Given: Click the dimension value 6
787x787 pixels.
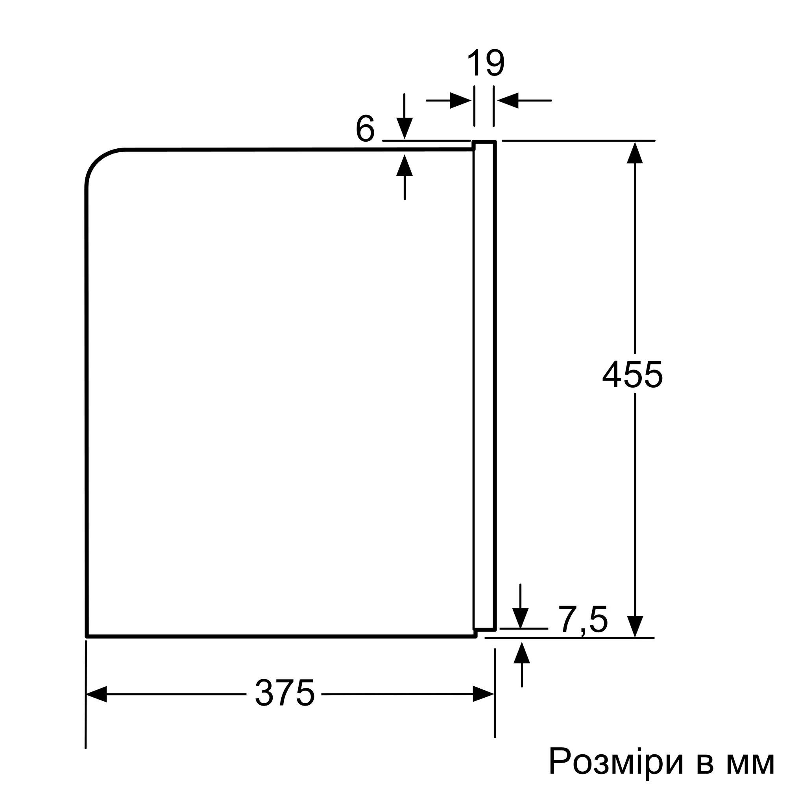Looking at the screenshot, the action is (x=365, y=128).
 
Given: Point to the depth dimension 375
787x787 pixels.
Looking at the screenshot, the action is (x=285, y=693).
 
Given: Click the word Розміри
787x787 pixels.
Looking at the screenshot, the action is (x=615, y=761).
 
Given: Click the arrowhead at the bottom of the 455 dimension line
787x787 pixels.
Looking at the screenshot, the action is (x=635, y=627).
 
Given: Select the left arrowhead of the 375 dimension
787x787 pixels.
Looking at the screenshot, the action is (x=96, y=694).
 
